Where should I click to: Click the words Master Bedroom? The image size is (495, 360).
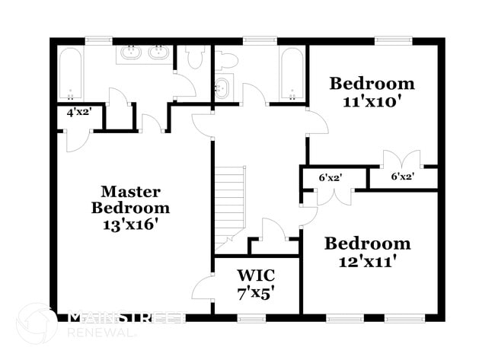click(x=130, y=199)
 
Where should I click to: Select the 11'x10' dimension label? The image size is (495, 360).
click(x=372, y=101)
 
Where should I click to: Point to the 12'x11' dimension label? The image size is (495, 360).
click(x=368, y=261)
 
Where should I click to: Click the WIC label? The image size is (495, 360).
click(x=256, y=274)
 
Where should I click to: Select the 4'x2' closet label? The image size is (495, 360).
click(x=79, y=112)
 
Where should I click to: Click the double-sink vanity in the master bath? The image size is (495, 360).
click(x=144, y=54)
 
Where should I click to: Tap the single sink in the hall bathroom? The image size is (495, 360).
click(x=221, y=87)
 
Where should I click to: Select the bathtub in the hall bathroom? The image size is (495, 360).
click(x=290, y=75)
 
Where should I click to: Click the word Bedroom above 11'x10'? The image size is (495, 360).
click(x=372, y=84)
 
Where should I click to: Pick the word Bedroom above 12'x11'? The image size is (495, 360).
click(x=368, y=244)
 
